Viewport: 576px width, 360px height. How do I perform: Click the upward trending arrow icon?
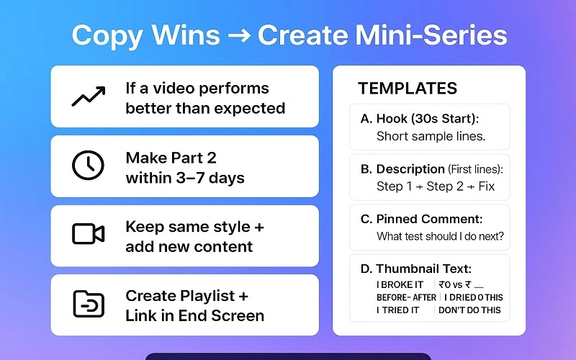[x=89, y=96]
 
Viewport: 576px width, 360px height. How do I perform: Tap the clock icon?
[x=89, y=166]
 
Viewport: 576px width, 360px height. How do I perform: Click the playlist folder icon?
[x=89, y=304]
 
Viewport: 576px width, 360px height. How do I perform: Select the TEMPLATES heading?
[x=408, y=89]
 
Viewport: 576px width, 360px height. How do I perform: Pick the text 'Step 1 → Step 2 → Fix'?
[x=436, y=186]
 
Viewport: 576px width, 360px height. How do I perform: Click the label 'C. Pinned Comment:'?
[x=421, y=219]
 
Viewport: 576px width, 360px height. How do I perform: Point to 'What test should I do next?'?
[x=440, y=236]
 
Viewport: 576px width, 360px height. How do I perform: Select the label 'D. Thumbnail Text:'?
[x=416, y=269]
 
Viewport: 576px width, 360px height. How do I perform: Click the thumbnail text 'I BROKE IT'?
[x=400, y=285]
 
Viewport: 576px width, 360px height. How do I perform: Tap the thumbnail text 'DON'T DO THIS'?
[x=470, y=310]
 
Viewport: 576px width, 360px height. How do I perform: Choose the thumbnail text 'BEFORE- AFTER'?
[x=406, y=297]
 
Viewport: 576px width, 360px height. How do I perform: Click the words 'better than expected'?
[x=205, y=108]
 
